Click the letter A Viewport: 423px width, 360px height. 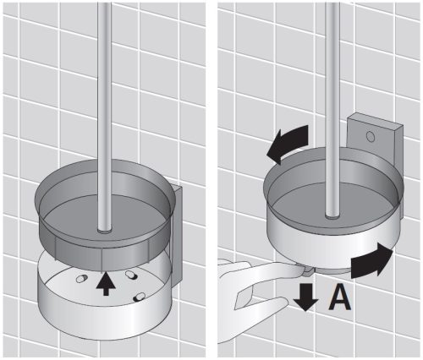click(x=340, y=298)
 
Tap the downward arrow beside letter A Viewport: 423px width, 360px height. click(x=306, y=297)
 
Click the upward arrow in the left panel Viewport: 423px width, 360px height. click(x=106, y=283)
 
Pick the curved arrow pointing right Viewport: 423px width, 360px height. click(x=371, y=260)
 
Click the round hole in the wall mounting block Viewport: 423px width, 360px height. click(x=371, y=136)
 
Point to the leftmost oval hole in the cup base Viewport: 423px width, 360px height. click(x=82, y=278)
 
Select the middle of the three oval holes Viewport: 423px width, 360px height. click(x=131, y=275)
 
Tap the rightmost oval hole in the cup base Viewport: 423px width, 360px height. click(x=140, y=297)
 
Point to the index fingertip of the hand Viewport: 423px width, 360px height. click(x=302, y=270)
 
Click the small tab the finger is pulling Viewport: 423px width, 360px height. click(x=310, y=272)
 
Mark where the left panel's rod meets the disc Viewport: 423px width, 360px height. click(x=104, y=230)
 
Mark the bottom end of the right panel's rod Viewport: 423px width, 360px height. click(x=332, y=215)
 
